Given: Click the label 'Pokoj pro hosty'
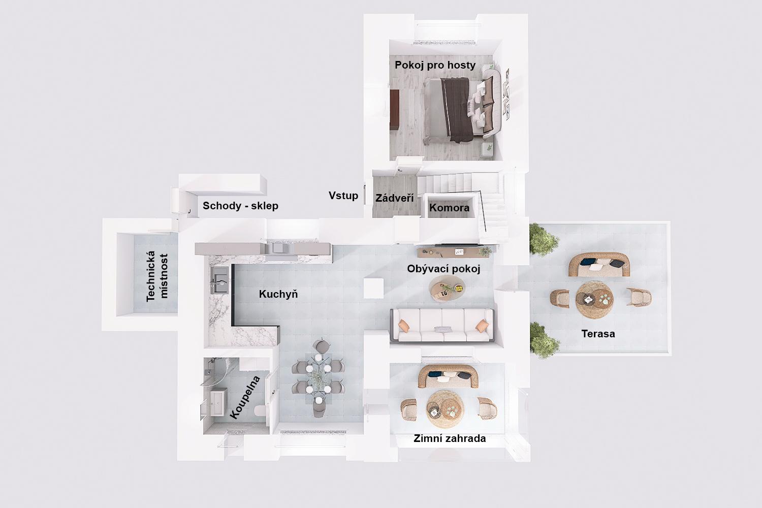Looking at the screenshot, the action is coord(435,65).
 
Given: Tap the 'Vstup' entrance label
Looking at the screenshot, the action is coord(343,196).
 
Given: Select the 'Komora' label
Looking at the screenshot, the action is coord(449,208).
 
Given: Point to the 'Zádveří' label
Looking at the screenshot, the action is coord(395,198).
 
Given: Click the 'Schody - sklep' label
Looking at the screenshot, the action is coord(240,206).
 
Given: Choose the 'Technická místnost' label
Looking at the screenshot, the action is coord(157,276).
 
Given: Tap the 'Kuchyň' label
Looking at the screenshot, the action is coord(278,294).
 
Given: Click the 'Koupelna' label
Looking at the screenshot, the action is coord(245,397).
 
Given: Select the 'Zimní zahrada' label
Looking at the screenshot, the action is coord(450,438).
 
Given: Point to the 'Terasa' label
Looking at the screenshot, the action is coord(598,334).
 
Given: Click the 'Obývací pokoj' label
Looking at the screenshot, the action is coord(443,269).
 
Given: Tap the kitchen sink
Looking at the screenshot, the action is coord(220,280).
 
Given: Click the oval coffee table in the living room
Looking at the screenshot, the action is coord(447,289).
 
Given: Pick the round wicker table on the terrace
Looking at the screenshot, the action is coord(594,299).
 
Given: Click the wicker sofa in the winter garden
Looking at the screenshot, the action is coord(448,376).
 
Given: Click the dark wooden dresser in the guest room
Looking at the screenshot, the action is coord(395,110).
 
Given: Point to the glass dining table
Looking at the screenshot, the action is coord(318,377).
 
